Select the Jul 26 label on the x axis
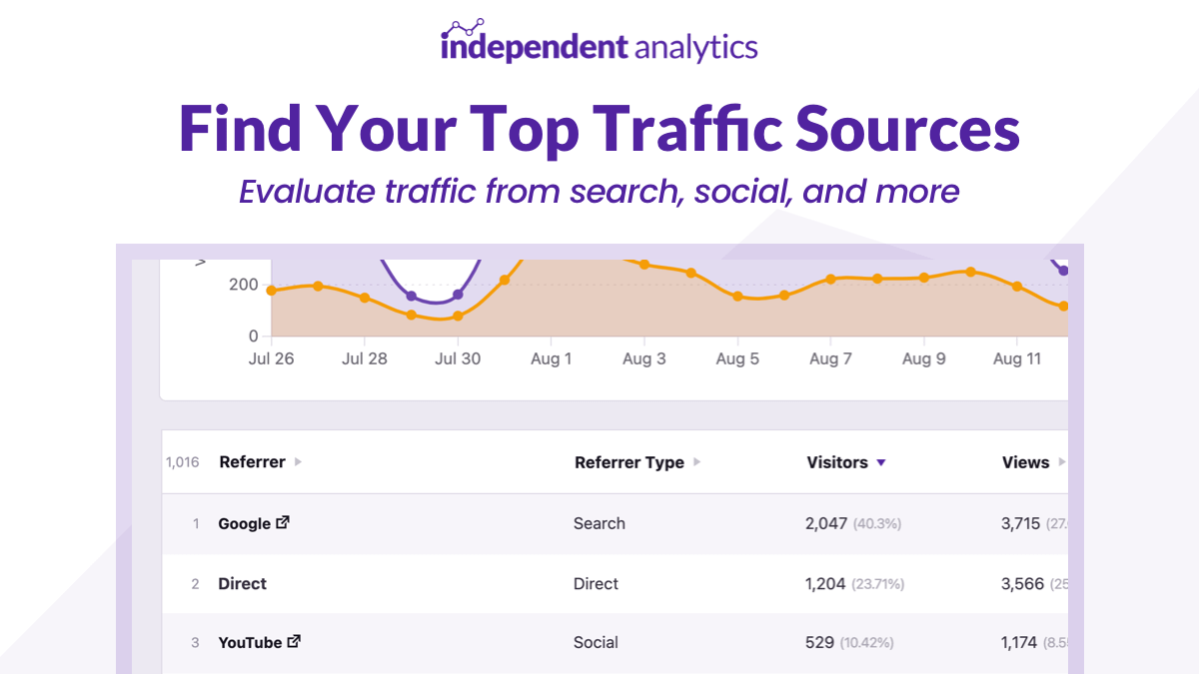tap(271, 359)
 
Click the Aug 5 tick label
tap(737, 359)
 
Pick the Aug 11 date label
tap(1017, 359)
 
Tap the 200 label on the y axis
tap(243, 285)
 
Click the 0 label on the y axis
tap(254, 337)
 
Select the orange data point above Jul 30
tap(458, 317)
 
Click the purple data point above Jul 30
tap(458, 295)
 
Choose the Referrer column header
tap(252, 462)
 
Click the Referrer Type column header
tap(629, 462)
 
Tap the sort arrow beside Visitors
tap(880, 462)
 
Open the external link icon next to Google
tap(283, 522)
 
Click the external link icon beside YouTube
tap(294, 642)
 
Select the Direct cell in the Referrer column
tap(242, 584)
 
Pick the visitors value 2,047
tap(826, 523)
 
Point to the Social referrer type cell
tap(596, 643)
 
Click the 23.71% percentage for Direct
tap(878, 584)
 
